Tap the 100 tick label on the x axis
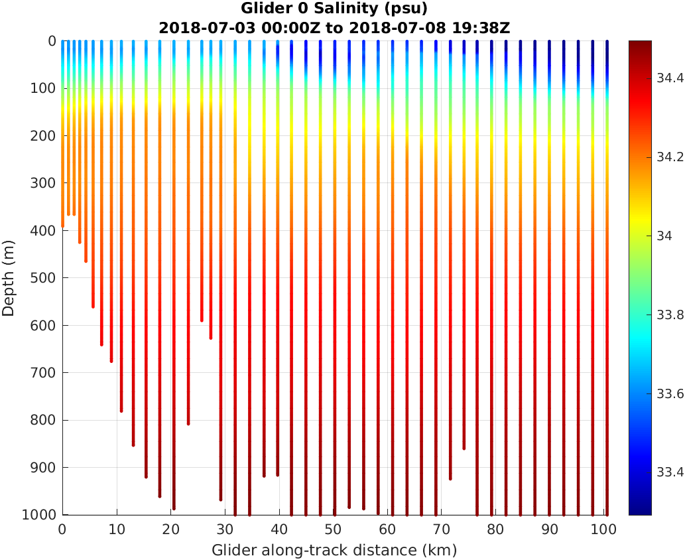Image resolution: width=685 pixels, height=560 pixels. (604, 530)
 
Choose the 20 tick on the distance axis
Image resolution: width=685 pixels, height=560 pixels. (170, 530)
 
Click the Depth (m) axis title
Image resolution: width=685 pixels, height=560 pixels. (9, 278)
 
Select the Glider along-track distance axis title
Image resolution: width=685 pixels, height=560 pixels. (334, 550)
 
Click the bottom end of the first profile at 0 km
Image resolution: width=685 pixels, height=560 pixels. (63, 226)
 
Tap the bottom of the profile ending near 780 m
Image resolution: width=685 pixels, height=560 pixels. (121, 410)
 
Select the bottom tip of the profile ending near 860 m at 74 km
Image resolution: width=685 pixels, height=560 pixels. (464, 448)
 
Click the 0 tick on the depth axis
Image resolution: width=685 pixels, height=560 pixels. (52, 41)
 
